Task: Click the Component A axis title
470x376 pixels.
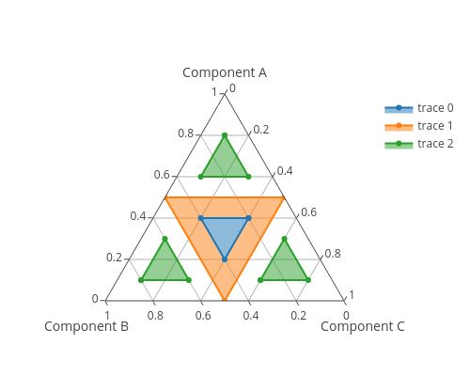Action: pyautogui.click(x=225, y=72)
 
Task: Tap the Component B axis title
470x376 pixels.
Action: pyautogui.click(x=86, y=326)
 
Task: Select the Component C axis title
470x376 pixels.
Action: pyautogui.click(x=363, y=326)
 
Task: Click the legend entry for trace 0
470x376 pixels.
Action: pyautogui.click(x=419, y=108)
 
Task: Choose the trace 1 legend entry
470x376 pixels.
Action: pyautogui.click(x=419, y=126)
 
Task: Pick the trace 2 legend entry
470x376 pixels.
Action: pyautogui.click(x=419, y=144)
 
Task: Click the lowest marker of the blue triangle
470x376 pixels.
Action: pyautogui.click(x=225, y=259)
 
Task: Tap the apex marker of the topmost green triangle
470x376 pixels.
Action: pyautogui.click(x=225, y=135)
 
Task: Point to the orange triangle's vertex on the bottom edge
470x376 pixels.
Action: pyautogui.click(x=225, y=300)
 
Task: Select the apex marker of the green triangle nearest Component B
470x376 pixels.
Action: pyautogui.click(x=165, y=239)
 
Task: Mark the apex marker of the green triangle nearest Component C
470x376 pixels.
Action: pyautogui.click(x=284, y=239)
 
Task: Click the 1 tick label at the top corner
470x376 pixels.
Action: pyautogui.click(x=214, y=92)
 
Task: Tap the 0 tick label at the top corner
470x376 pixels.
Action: pyautogui.click(x=232, y=88)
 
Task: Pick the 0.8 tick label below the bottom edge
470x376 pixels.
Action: pyautogui.click(x=155, y=315)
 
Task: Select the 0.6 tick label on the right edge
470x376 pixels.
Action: pyautogui.click(x=308, y=212)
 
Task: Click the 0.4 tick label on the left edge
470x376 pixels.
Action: pyautogui.click(x=138, y=216)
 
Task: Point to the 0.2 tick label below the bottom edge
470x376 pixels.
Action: pyautogui.click(x=299, y=315)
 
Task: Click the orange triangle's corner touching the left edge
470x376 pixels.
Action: pyautogui.click(x=165, y=197)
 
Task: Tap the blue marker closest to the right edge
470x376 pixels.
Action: pyautogui.click(x=248, y=218)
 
